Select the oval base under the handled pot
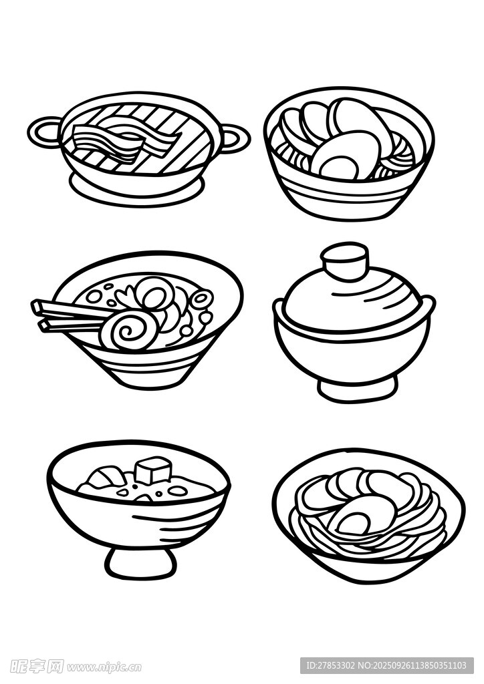(136, 192)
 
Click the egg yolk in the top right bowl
(336, 166)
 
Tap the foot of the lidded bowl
(358, 389)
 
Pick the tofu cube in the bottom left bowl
(152, 470)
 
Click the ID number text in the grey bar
(386, 666)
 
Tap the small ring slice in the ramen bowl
(201, 299)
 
